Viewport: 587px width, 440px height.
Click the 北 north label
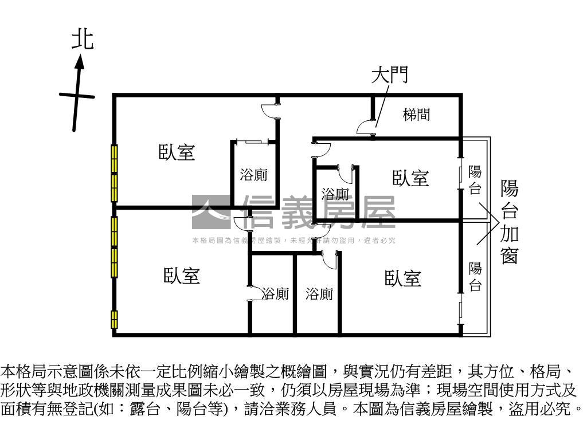click(83, 40)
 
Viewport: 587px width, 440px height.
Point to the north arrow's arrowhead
click(81, 61)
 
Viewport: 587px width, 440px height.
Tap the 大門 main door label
click(390, 75)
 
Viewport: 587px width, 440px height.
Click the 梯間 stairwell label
click(416, 115)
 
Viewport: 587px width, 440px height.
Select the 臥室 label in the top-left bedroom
click(177, 152)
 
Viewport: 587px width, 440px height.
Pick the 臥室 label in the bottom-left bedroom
click(182, 276)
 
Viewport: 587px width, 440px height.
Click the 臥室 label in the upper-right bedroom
click(410, 178)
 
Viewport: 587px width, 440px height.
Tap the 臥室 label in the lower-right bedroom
click(403, 279)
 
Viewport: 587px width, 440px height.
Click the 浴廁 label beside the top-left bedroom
click(253, 175)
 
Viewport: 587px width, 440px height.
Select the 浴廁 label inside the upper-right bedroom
click(335, 194)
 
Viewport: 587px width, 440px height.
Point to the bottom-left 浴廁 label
click(276, 294)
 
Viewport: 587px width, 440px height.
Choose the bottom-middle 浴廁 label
click(319, 294)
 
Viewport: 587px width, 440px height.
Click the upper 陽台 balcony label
click(475, 180)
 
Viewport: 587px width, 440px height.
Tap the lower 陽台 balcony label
click(475, 276)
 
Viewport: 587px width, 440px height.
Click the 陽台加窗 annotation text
click(510, 222)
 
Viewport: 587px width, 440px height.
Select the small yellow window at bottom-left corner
click(115, 319)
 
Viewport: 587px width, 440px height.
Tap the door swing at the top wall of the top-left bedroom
click(269, 111)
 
